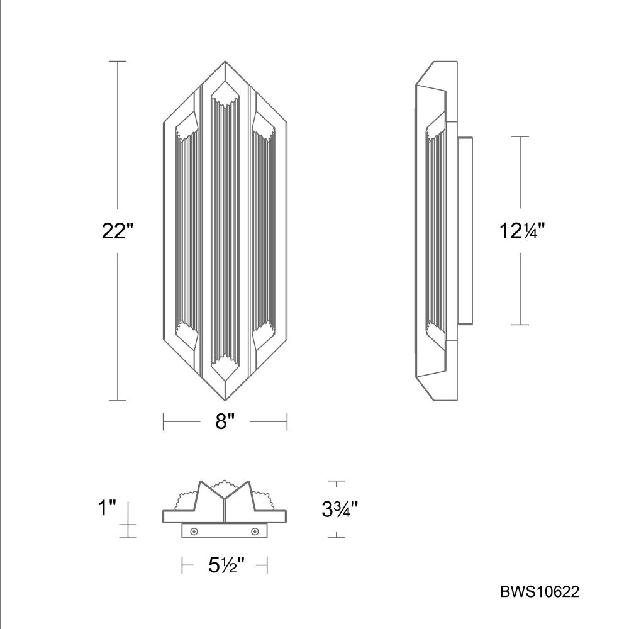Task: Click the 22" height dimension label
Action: click(x=117, y=231)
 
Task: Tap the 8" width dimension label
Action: click(x=225, y=421)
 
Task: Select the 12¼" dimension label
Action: click(x=522, y=231)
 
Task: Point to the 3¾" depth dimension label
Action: click(x=340, y=510)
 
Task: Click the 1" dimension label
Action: click(x=107, y=508)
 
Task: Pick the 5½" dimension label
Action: click(x=226, y=565)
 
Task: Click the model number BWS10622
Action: click(x=540, y=592)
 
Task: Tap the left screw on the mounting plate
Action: click(x=194, y=532)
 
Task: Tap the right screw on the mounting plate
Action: click(x=254, y=532)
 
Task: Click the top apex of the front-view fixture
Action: click(x=225, y=62)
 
